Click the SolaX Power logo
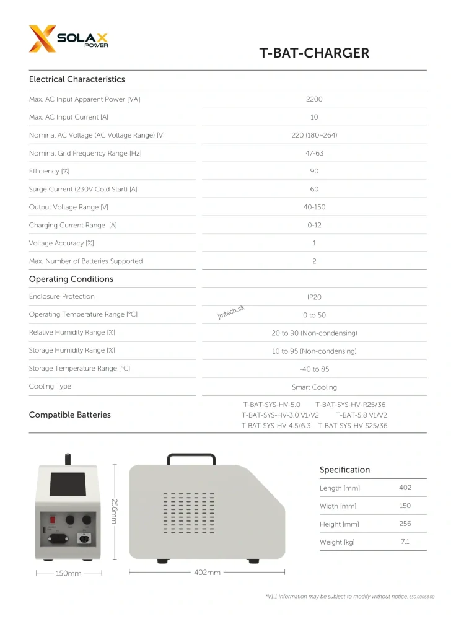click(x=68, y=39)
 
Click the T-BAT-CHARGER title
click(x=314, y=53)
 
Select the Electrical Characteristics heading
click(x=77, y=79)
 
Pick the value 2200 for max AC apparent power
click(x=314, y=99)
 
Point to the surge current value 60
click(x=314, y=189)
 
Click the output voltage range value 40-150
click(x=314, y=207)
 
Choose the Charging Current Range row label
click(x=72, y=225)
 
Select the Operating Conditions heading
click(x=71, y=279)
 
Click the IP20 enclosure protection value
click(x=314, y=297)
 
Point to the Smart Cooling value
click(x=314, y=387)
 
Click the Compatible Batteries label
click(x=69, y=415)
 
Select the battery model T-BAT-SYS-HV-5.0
click(x=271, y=404)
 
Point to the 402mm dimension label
click(x=207, y=572)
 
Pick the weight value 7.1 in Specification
click(x=405, y=542)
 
